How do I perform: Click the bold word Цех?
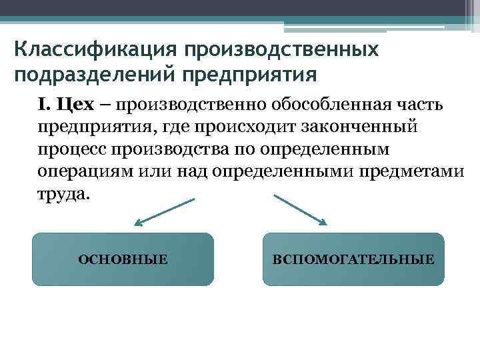[x=75, y=105]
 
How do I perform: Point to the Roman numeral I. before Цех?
[x=44, y=105]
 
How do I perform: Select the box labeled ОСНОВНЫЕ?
[x=123, y=259]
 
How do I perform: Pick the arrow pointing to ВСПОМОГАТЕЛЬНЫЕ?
[x=300, y=210]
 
